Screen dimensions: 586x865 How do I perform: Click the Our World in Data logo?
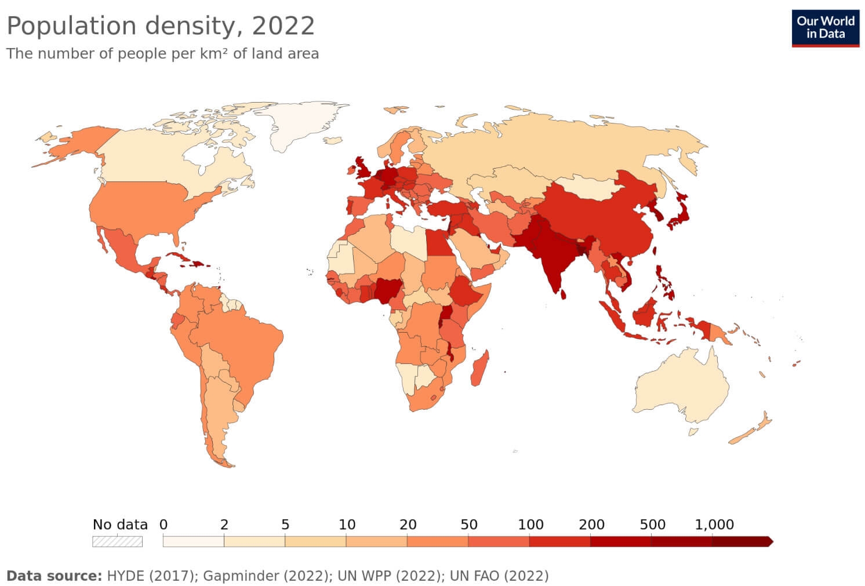[825, 27]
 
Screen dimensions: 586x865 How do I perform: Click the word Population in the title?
[71, 26]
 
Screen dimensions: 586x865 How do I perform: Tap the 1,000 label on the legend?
[714, 525]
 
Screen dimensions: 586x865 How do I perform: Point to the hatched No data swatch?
[117, 541]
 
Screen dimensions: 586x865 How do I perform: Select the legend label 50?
[468, 525]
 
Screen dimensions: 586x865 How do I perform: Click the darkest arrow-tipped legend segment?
[742, 541]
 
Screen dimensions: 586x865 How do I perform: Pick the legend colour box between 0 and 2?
[193, 541]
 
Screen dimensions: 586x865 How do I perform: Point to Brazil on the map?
[243, 348]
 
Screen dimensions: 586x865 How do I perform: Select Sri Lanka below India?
[564, 293]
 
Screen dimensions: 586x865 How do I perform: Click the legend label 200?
[591, 525]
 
